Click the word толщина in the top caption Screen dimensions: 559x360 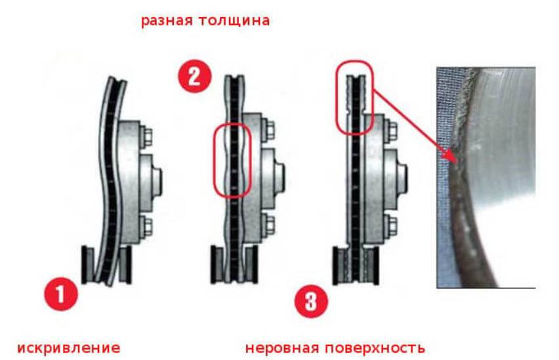coord(234,20)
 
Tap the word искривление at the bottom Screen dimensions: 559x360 coord(68,348)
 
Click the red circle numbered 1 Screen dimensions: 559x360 coord(60,294)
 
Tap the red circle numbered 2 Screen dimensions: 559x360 coord(195,76)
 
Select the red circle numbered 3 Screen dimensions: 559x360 coord(311,301)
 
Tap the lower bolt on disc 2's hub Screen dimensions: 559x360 coord(269,223)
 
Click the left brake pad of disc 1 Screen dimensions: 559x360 coord(88,265)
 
